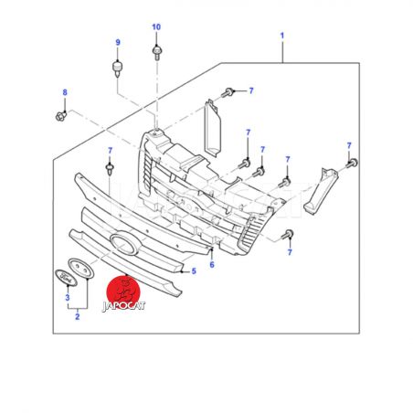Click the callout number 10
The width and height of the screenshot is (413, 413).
point(156,27)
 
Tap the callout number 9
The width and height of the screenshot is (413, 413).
point(118,43)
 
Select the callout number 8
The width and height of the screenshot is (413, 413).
point(65,92)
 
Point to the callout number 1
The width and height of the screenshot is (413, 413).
point(282,36)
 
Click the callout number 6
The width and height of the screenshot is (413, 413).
point(212,265)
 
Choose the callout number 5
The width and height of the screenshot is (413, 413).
point(194,271)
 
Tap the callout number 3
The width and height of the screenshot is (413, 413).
point(68,298)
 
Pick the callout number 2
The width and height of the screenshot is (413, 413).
point(78,317)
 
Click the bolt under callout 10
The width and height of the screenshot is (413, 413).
point(157,52)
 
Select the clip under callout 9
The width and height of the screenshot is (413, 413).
point(117,69)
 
